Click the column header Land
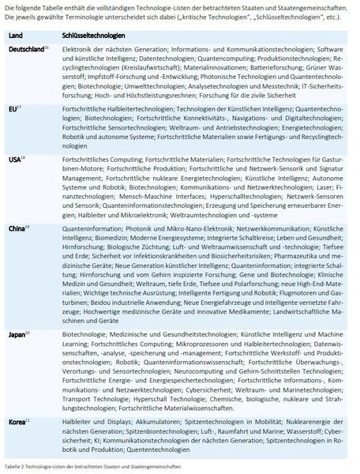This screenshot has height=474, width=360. [x=17, y=36]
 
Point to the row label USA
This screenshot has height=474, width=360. [x=16, y=158]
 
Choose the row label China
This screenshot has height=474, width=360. [x=18, y=227]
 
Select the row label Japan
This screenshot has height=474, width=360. [x=18, y=335]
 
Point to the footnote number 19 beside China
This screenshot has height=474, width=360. [x=29, y=224]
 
